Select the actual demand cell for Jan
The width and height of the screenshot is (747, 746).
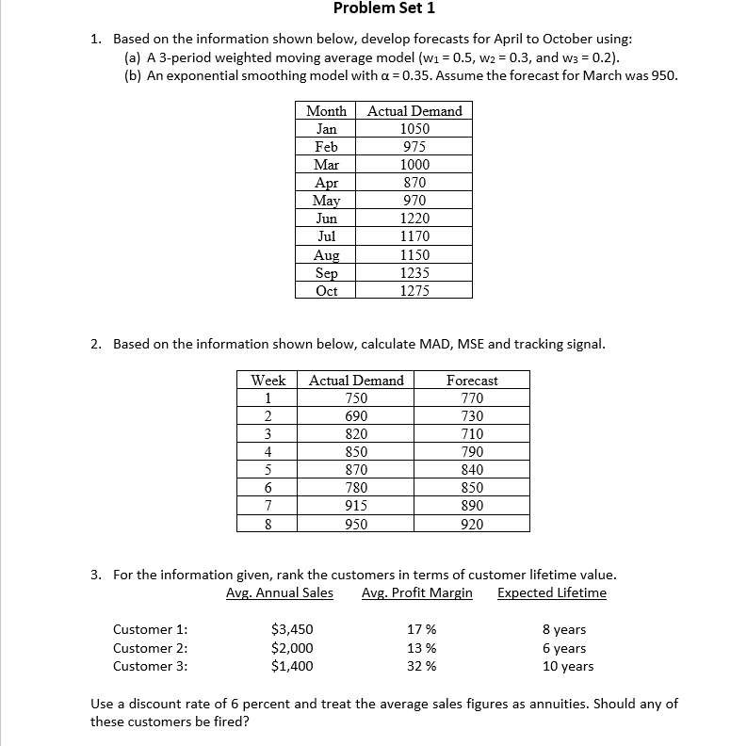pyautogui.click(x=414, y=129)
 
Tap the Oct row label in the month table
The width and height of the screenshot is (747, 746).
pyautogui.click(x=326, y=291)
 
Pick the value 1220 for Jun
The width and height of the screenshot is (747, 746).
pyautogui.click(x=414, y=219)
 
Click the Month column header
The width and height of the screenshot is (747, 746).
pyautogui.click(x=326, y=111)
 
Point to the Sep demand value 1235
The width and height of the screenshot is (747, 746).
pyautogui.click(x=414, y=273)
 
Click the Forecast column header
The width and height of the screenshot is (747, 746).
pyautogui.click(x=472, y=381)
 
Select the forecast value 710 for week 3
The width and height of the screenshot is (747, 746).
pyautogui.click(x=472, y=434)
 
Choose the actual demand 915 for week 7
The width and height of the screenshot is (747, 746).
pyautogui.click(x=356, y=506)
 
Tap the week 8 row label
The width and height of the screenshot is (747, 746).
pyautogui.click(x=268, y=524)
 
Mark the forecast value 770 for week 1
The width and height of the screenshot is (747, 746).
pyautogui.click(x=472, y=398)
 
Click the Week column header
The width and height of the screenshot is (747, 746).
pyautogui.click(x=268, y=381)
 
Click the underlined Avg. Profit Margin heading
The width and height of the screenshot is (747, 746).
pyautogui.click(x=416, y=592)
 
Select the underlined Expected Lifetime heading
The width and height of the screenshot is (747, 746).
pyautogui.click(x=552, y=592)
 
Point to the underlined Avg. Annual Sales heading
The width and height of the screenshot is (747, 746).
pyautogui.click(x=280, y=592)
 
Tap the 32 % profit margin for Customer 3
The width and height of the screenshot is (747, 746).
pyautogui.click(x=421, y=666)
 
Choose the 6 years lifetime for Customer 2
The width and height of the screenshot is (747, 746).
pyautogui.click(x=564, y=648)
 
